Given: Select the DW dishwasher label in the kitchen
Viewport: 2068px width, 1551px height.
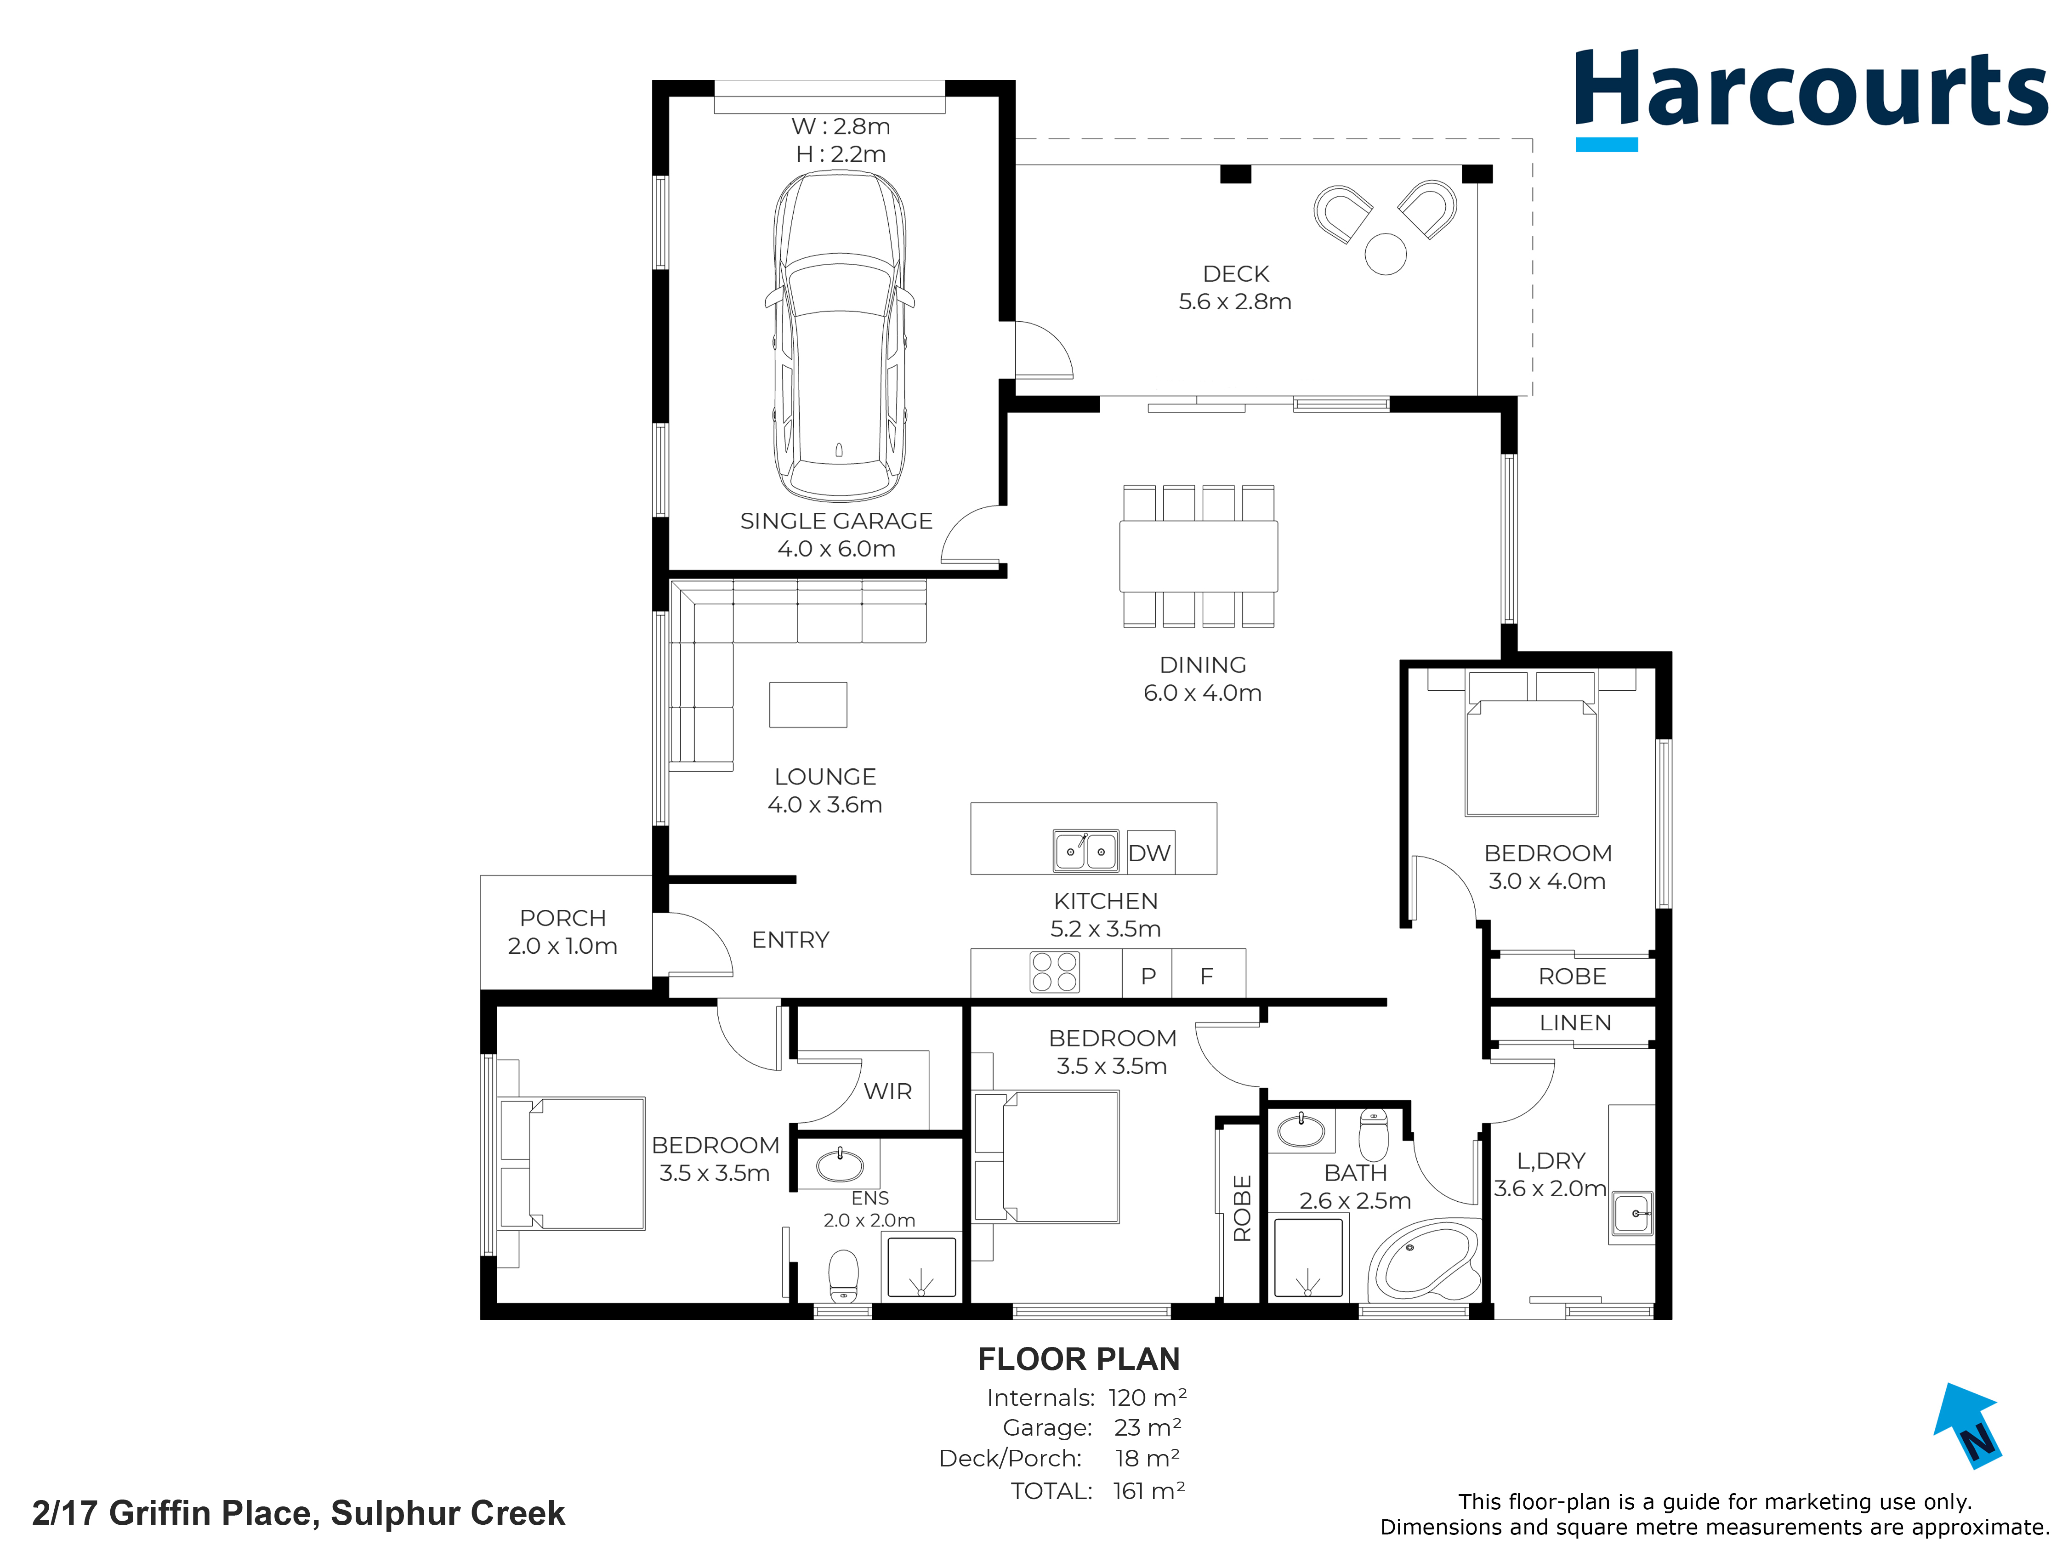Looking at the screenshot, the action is coord(1149,852).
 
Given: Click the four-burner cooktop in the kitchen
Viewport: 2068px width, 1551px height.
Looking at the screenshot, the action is coord(1055,972).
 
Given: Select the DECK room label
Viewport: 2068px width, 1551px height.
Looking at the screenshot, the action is coord(1236,274).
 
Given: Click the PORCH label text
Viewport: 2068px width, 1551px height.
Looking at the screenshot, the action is coord(563,918).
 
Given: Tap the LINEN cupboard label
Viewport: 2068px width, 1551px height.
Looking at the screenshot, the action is coord(1575,1023).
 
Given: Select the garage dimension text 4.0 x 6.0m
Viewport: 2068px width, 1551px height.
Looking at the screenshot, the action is coord(837,549).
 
